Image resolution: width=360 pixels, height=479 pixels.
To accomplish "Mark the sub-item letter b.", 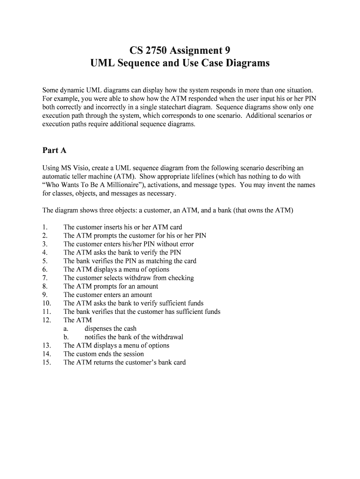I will [x=66, y=337].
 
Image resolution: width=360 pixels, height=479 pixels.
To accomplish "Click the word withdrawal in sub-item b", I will [x=167, y=337].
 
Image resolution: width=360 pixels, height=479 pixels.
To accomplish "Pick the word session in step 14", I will [x=133, y=354].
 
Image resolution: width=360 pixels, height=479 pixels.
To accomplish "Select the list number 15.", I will [x=46, y=363].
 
